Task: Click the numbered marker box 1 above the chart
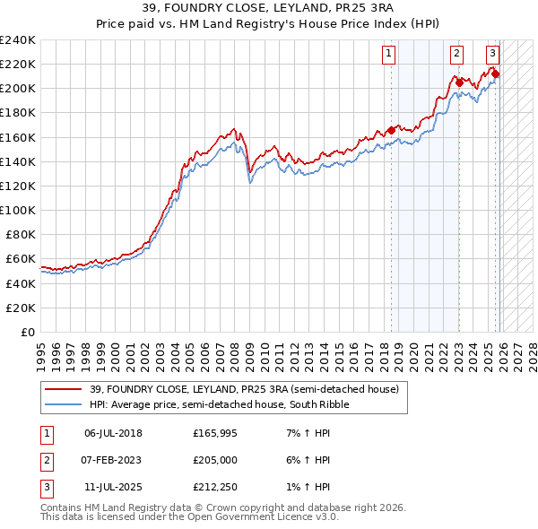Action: [389, 54]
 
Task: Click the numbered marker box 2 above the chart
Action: [456, 54]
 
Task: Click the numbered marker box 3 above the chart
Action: [492, 54]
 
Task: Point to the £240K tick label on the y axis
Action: [18, 40]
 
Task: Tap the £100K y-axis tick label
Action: [18, 210]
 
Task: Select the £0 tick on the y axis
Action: [27, 332]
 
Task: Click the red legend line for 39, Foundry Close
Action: [64, 388]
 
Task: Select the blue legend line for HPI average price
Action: [64, 404]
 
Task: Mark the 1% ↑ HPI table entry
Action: [310, 486]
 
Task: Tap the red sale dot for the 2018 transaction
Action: [391, 129]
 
